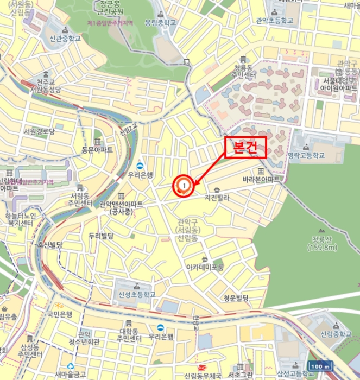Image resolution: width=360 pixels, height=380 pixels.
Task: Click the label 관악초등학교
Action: tap(274, 21)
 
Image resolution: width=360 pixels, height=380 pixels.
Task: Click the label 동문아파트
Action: tap(97, 149)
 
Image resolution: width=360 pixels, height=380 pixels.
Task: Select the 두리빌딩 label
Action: tap(100, 235)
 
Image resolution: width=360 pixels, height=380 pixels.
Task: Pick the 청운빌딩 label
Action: tap(236, 297)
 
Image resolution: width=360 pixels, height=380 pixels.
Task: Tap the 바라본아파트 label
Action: tap(262, 179)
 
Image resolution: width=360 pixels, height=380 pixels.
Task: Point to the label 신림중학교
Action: tap(336, 333)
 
